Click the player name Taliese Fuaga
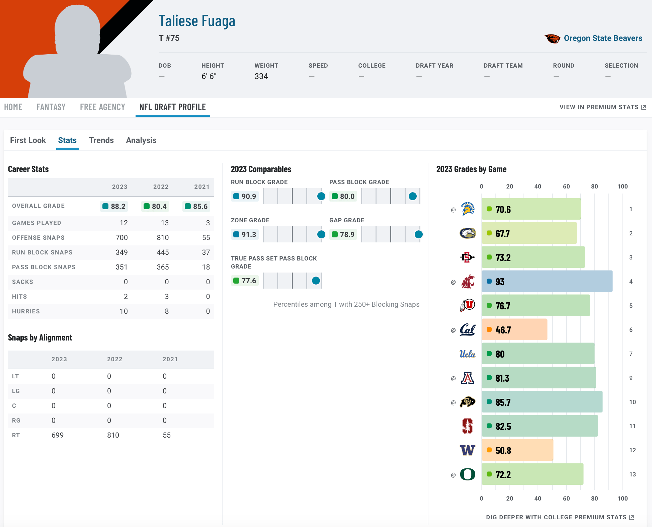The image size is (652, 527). tap(197, 21)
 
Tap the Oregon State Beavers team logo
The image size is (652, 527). tap(552, 39)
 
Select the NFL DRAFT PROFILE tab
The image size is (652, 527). tap(172, 107)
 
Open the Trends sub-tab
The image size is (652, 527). tap(101, 140)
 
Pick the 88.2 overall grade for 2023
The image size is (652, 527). tap(114, 206)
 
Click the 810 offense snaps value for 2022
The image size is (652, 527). tap(163, 238)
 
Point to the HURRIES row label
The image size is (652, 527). tap(26, 311)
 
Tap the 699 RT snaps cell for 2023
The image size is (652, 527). tap(58, 435)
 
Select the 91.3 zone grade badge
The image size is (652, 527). tap(245, 234)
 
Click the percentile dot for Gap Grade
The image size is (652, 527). tap(418, 234)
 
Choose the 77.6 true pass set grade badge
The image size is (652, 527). tap(245, 281)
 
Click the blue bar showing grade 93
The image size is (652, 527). tap(547, 281)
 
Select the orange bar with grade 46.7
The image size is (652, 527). tap(514, 329)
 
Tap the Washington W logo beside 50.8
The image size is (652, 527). tap(468, 450)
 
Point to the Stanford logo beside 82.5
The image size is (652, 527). tap(468, 426)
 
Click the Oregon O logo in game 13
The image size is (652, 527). tap(468, 474)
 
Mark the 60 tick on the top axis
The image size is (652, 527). tap(566, 186)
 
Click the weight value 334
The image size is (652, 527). tap(261, 76)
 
